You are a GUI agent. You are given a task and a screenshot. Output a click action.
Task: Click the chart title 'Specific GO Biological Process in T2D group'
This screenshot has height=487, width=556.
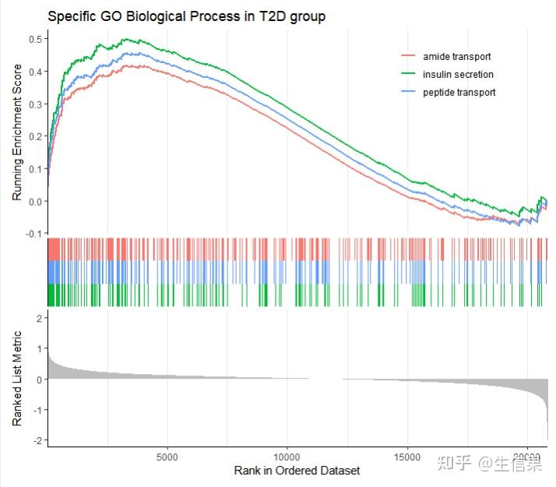point(186,16)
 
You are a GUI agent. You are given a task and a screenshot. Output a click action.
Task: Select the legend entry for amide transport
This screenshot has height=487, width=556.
point(456,57)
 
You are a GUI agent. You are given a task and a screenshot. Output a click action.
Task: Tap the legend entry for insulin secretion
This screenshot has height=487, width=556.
point(458,75)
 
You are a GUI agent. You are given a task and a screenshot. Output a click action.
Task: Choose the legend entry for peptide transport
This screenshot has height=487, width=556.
point(459,93)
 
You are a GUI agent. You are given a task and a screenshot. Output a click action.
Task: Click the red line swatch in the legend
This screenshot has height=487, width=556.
point(408,57)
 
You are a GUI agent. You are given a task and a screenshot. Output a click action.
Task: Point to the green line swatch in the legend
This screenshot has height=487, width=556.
point(408,75)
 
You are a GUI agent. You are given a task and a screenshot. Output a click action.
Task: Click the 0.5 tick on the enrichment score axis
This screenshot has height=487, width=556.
point(35,39)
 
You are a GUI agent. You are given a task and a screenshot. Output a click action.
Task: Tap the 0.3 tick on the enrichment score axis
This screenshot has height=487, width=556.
point(35,104)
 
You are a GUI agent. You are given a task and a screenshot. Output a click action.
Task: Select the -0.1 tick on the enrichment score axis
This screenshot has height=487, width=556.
point(34,234)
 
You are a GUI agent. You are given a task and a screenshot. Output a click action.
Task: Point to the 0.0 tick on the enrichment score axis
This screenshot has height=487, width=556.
point(35,201)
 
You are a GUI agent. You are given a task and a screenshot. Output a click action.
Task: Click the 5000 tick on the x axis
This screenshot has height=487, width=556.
point(167,457)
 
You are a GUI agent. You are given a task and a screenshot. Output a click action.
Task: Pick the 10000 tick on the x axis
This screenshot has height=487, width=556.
point(287,457)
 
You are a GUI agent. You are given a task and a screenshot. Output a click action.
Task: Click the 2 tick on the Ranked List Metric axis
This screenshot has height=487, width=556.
point(38,319)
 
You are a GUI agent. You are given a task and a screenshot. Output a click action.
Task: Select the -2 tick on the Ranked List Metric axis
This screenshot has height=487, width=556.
point(37,441)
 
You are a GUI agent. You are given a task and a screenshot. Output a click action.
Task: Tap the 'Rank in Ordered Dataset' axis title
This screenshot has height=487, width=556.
point(297,471)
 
